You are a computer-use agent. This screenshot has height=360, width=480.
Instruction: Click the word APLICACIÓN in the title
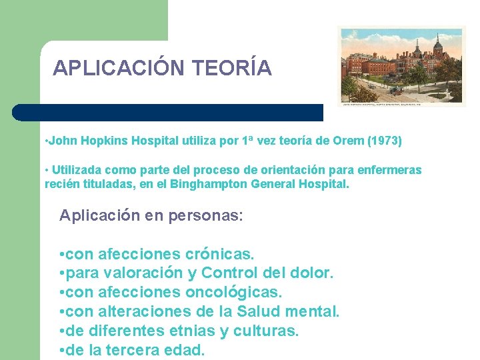(x=119, y=68)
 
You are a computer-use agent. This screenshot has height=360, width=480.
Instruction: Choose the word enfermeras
(x=389, y=170)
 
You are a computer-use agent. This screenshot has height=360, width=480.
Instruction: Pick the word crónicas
(x=220, y=255)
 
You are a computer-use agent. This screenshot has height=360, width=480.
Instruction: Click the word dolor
(x=312, y=273)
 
